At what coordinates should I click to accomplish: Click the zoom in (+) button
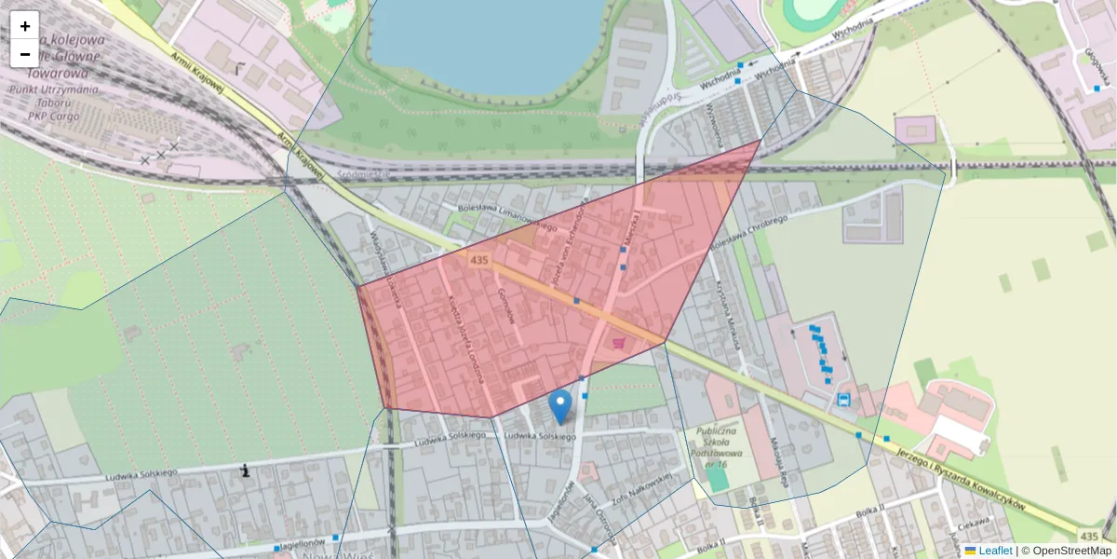[x=25, y=26]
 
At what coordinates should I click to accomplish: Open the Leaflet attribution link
[x=994, y=551]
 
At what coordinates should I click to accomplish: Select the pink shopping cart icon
[x=620, y=344]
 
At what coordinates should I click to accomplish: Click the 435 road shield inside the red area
[x=479, y=260]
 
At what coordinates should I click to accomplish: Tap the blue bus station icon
[x=843, y=400]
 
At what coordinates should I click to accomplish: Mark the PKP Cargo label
[x=54, y=116]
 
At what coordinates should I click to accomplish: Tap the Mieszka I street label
[x=635, y=230]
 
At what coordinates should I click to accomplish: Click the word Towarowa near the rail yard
[x=57, y=73]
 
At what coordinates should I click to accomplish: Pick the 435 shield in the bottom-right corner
[x=1088, y=535]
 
